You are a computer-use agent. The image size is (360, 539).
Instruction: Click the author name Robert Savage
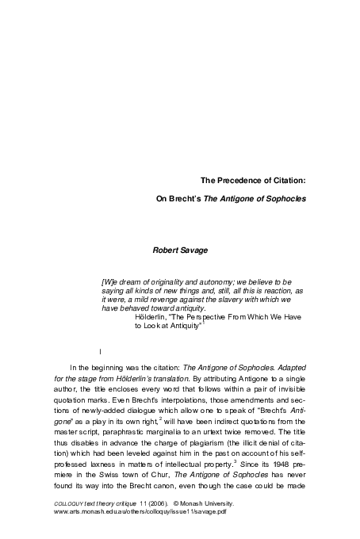182,250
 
